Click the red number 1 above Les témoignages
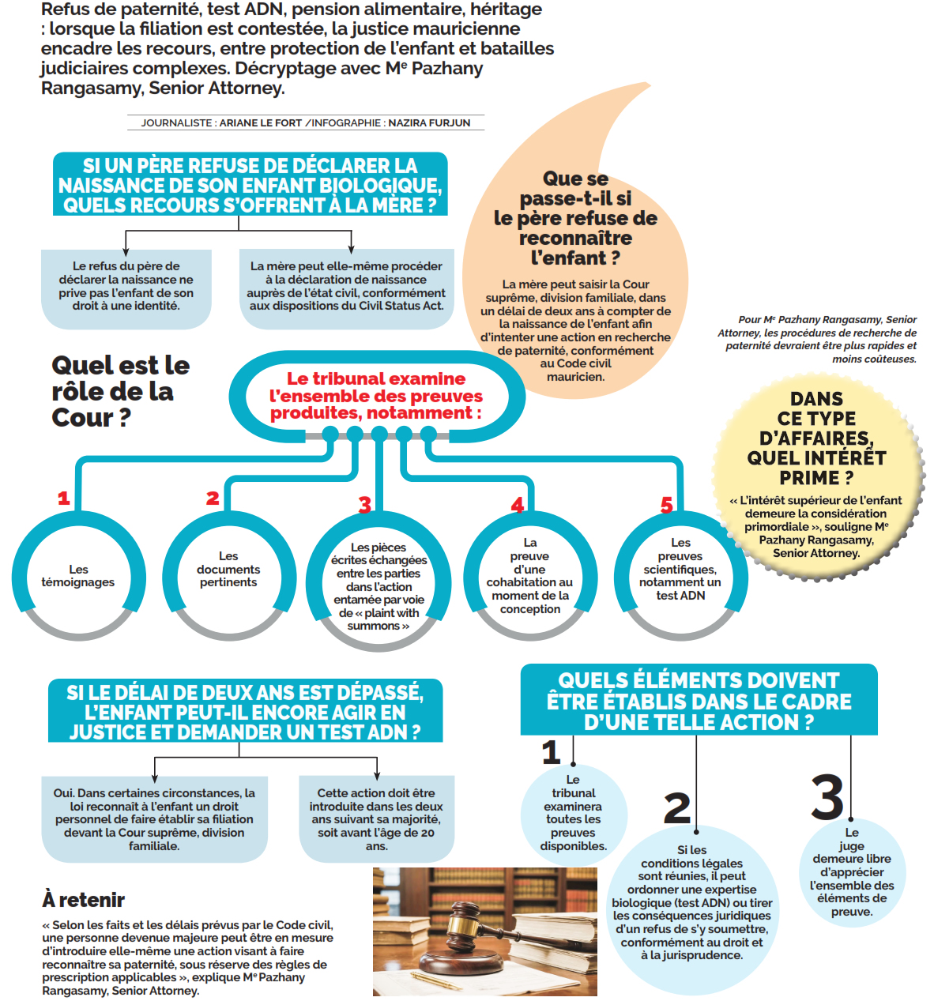click(63, 498)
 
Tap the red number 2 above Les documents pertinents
click(213, 498)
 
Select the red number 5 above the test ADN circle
click(666, 505)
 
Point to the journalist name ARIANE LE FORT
click(260, 122)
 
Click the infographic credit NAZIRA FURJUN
click(428, 122)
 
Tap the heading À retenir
click(83, 898)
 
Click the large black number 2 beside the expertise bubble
click(676, 808)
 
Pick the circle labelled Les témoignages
click(78, 576)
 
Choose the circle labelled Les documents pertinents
click(228, 576)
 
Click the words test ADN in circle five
click(680, 595)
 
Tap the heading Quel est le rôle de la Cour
click(121, 391)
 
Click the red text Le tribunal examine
click(375, 378)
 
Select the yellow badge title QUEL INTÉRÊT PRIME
click(816, 467)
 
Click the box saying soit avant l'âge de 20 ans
click(376, 818)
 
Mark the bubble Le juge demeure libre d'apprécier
click(852, 872)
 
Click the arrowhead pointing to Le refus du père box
click(126, 251)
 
